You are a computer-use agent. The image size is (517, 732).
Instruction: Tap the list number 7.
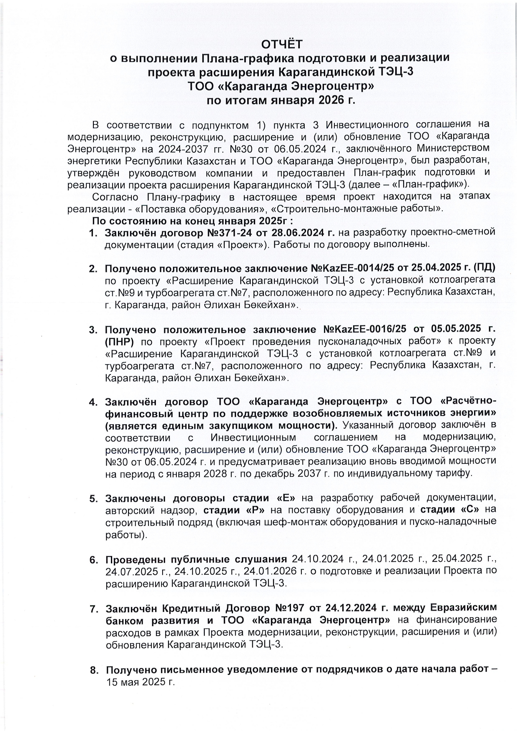click(93, 609)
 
